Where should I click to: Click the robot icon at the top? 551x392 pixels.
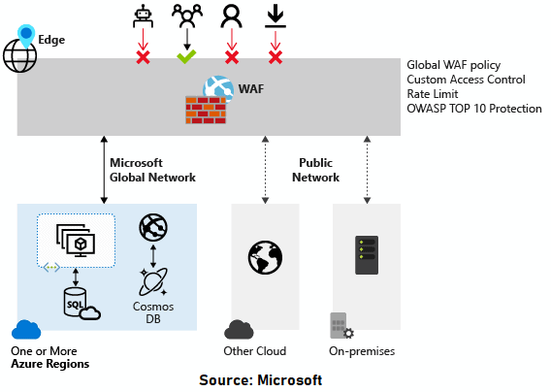tap(143, 16)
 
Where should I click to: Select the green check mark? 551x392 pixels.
tap(186, 57)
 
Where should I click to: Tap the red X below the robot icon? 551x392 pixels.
tap(143, 57)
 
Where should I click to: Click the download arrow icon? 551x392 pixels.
tap(275, 16)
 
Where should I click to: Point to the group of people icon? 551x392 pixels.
tap(186, 16)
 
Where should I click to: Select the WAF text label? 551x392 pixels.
tap(252, 89)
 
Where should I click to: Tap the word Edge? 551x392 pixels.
tap(51, 41)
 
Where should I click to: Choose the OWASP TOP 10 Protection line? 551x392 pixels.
tap(474, 109)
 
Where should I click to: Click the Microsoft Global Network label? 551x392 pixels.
tap(152, 170)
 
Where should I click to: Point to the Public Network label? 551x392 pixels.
tap(316, 170)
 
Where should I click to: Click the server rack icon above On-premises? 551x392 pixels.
tap(366, 255)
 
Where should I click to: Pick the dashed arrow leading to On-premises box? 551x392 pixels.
tap(366, 169)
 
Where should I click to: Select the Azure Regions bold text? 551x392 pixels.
tap(49, 364)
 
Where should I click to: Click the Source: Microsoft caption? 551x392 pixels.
tap(260, 380)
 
